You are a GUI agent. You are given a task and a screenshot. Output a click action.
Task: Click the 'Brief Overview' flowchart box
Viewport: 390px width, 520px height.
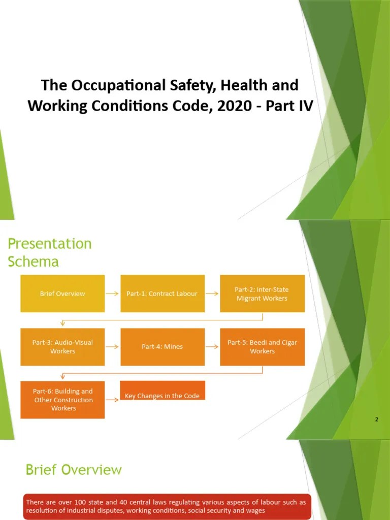tap(62, 294)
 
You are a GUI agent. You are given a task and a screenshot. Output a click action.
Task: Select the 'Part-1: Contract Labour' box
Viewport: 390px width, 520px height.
tap(162, 294)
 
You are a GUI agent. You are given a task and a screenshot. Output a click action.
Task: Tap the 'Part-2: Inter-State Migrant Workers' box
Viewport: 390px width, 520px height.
tap(262, 294)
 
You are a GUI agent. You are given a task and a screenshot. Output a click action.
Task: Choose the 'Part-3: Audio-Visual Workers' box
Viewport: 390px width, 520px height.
tap(62, 347)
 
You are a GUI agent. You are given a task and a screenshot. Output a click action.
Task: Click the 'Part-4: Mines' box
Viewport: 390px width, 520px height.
tap(162, 347)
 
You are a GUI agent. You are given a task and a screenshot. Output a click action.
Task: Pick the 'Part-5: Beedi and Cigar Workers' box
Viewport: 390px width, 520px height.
tap(262, 347)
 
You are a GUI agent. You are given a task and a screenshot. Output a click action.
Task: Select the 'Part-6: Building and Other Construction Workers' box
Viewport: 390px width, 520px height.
tap(62, 400)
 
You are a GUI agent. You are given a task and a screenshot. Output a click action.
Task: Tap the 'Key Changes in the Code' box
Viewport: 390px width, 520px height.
tap(162, 391)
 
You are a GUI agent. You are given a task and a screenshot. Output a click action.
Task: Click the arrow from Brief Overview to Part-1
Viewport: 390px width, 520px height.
tap(112, 294)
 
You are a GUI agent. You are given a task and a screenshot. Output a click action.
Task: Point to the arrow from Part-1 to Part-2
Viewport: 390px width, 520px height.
tap(212, 294)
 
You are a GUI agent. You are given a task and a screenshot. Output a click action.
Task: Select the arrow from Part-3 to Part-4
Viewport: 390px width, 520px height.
tap(112, 347)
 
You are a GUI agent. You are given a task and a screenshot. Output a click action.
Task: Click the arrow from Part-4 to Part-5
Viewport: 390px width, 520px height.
tap(212, 347)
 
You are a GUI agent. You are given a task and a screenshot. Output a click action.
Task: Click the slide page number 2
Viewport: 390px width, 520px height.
tap(376, 419)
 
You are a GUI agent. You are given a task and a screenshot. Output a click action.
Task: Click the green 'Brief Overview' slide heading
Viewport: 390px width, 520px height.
tap(74, 470)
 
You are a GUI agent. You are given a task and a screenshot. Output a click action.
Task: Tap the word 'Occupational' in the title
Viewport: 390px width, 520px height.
tap(118, 85)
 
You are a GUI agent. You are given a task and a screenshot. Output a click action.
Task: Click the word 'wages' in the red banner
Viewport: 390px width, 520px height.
tap(255, 510)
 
